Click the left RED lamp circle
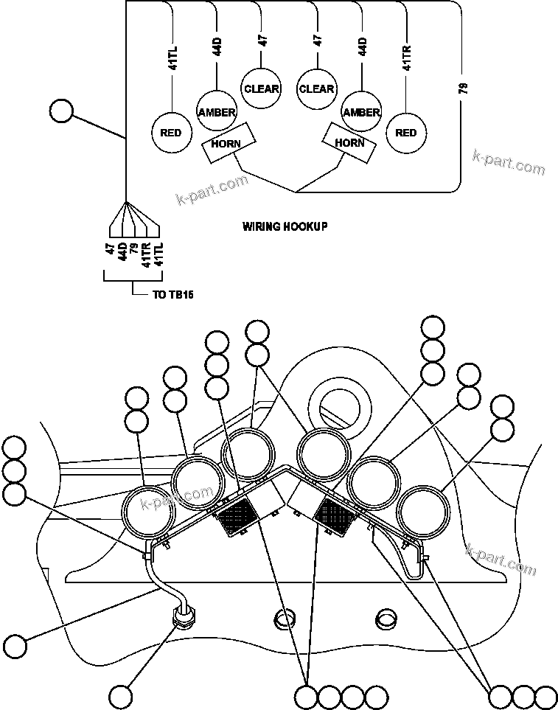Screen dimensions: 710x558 (x=171, y=133)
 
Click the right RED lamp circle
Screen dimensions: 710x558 (x=405, y=133)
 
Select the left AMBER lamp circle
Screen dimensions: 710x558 (x=216, y=112)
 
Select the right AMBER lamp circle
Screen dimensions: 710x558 (x=361, y=112)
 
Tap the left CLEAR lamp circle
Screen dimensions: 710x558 (x=262, y=89)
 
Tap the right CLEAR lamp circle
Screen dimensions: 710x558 (x=316, y=89)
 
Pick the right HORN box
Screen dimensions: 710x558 (x=349, y=142)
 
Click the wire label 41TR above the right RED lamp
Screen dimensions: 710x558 (x=406, y=58)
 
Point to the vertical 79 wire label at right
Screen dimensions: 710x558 (x=462, y=89)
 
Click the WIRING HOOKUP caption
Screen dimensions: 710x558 (x=285, y=227)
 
